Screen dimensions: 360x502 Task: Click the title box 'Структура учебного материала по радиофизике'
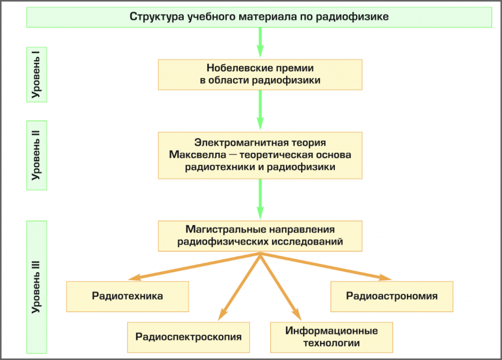pos(259,17)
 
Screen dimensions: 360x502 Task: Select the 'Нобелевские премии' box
pos(260,75)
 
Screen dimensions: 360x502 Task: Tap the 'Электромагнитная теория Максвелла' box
pos(260,155)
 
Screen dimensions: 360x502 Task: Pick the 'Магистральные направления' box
pos(260,235)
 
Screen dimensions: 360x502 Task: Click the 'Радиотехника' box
pos(127,296)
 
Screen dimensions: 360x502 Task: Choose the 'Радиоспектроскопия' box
pos(188,337)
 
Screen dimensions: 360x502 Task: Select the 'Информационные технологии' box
pos(331,337)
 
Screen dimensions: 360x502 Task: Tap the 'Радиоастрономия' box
pos(392,296)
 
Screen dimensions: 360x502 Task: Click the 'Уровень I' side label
pos(36,75)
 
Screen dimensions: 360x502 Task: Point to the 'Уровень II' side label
pos(36,155)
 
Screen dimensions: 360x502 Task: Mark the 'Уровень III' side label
pos(36,287)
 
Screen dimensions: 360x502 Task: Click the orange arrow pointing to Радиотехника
pos(196,266)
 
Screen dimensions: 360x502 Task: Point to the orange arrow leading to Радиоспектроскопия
pos(240,284)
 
